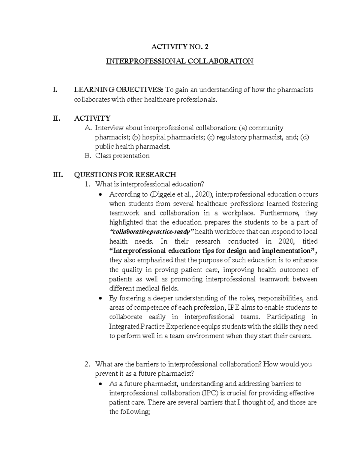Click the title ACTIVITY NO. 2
(x=179, y=47)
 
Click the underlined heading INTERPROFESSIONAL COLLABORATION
(x=180, y=61)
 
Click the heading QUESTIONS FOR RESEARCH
(x=125, y=175)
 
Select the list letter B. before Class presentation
(x=88, y=156)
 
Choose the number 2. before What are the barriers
(x=87, y=364)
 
